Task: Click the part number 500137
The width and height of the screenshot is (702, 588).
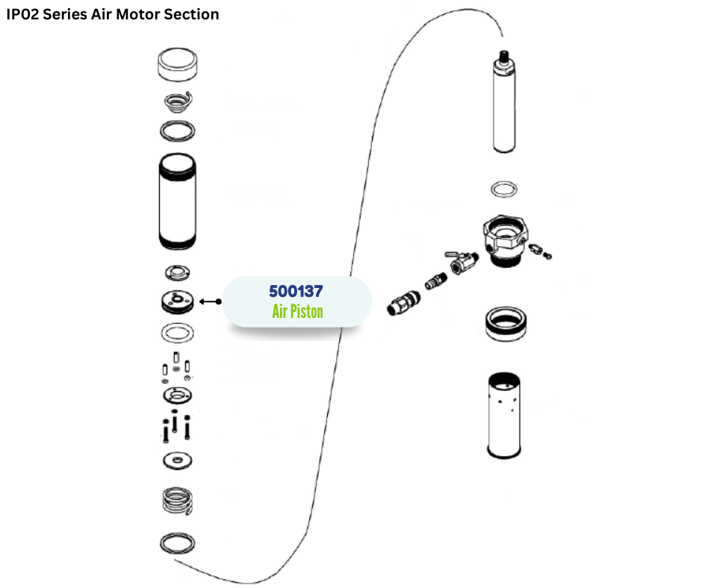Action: tap(296, 290)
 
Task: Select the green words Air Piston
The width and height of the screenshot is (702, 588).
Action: tap(297, 310)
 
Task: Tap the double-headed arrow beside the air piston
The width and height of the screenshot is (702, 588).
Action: tap(211, 301)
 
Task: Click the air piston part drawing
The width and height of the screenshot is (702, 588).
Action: tap(178, 301)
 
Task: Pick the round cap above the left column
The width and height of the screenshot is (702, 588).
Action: tap(178, 66)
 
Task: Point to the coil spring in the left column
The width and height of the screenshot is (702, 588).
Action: tap(178, 500)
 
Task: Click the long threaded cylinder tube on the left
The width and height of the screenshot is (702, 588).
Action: tap(178, 201)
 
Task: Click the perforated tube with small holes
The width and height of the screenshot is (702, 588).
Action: tap(505, 414)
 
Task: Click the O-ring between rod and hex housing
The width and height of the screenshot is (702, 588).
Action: tap(505, 188)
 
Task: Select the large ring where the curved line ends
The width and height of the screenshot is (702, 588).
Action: tap(178, 543)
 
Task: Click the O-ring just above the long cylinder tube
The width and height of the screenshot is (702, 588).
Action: tap(178, 131)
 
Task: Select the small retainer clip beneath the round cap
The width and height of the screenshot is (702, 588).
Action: tap(179, 100)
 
